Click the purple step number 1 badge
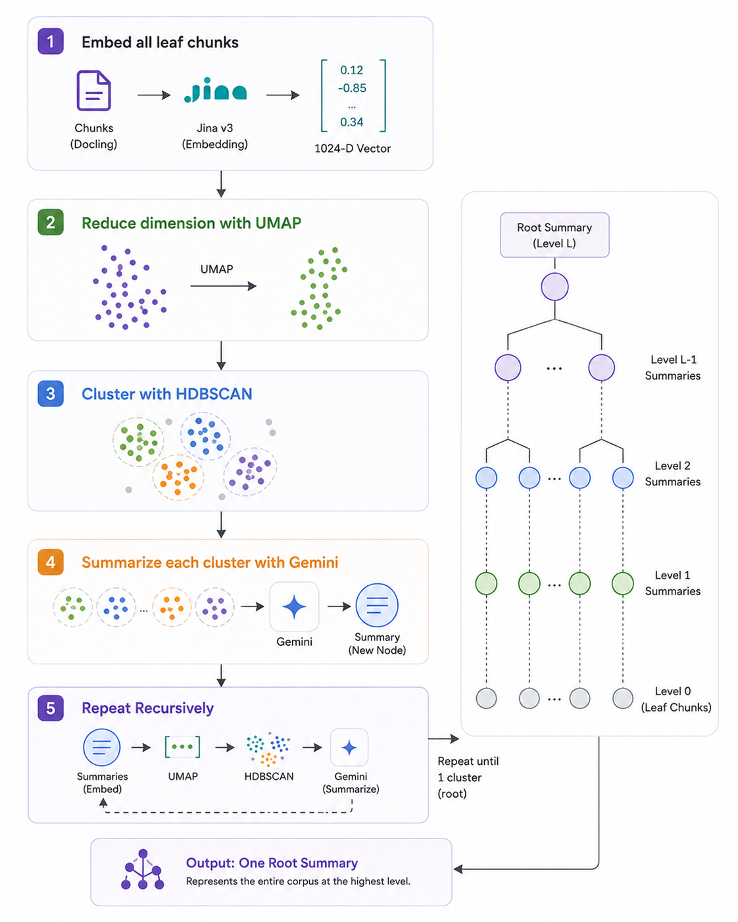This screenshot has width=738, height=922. point(51,41)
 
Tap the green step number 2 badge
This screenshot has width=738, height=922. point(51,222)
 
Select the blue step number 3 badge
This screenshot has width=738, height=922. point(51,393)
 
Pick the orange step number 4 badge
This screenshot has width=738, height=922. point(51,562)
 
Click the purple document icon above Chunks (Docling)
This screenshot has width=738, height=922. point(94,90)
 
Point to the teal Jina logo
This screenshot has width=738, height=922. point(215,90)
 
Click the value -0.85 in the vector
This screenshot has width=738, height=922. point(352,88)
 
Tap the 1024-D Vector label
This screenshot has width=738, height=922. point(353,148)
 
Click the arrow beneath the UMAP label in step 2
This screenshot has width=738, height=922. point(223,286)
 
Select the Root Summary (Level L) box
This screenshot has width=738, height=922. point(554,235)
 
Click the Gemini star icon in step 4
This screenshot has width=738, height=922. point(294,606)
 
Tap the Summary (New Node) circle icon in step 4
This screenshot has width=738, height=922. point(377,605)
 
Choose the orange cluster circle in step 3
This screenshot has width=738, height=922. point(178,477)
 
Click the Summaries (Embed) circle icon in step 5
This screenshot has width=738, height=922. point(101,747)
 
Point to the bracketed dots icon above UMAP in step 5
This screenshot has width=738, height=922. point(183,747)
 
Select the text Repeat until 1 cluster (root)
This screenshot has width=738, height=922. point(468,777)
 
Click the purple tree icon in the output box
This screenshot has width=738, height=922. point(143,869)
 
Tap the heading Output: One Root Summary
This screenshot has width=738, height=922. point(272,862)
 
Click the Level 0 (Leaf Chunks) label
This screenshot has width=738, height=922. point(676,699)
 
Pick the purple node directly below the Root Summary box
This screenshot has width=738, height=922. point(554,287)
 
